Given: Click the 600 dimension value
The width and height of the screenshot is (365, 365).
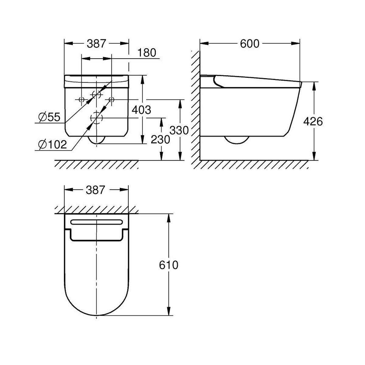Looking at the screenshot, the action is (249, 43).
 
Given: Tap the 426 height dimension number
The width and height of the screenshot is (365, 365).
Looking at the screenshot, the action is (313, 121).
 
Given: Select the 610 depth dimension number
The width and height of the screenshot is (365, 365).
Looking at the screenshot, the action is (169, 265).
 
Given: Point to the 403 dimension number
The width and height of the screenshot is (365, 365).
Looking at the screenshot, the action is (141, 110).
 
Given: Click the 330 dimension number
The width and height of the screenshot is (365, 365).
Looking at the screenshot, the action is (179, 130).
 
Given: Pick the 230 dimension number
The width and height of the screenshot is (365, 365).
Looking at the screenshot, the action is (160, 140).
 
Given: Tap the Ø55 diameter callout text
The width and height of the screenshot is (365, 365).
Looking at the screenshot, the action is (49, 117).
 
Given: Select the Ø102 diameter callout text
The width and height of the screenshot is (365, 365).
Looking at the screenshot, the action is (52, 145).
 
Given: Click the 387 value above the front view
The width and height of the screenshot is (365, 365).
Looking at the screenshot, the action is (96, 43).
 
